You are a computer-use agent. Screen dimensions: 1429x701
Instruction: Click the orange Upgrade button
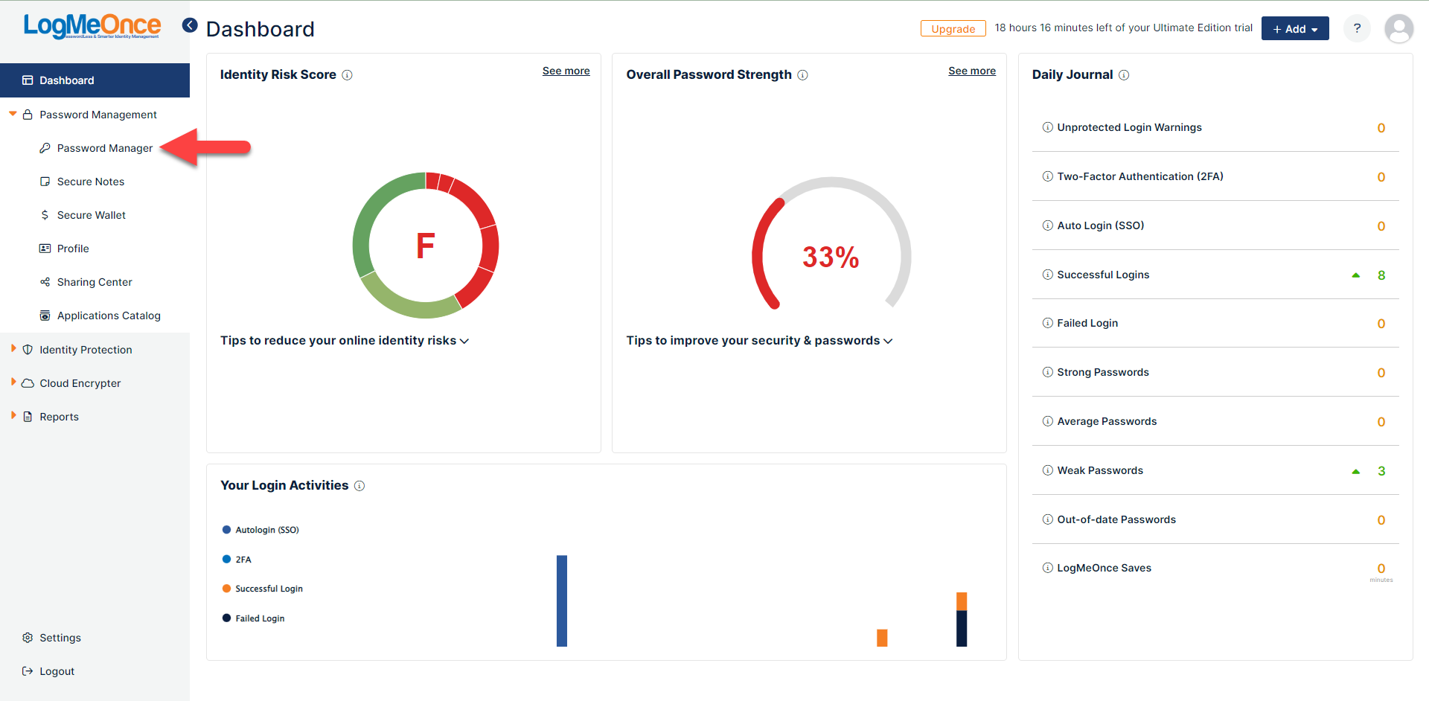point(953,28)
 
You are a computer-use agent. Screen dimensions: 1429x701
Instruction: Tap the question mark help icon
point(1357,28)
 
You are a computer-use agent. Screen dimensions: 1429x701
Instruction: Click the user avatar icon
point(1398,28)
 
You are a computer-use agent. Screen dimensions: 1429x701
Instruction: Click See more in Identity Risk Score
point(566,71)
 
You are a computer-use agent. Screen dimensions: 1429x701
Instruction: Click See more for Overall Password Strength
point(971,71)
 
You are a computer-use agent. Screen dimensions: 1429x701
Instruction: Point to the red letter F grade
point(425,246)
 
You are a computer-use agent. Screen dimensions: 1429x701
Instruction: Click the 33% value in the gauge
point(831,257)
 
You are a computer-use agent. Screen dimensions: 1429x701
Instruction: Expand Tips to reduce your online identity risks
point(345,340)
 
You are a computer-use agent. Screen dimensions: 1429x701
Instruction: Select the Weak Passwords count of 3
point(1381,471)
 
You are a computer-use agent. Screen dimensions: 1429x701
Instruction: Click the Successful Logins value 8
point(1381,275)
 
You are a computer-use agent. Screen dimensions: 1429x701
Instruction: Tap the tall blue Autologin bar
point(562,601)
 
